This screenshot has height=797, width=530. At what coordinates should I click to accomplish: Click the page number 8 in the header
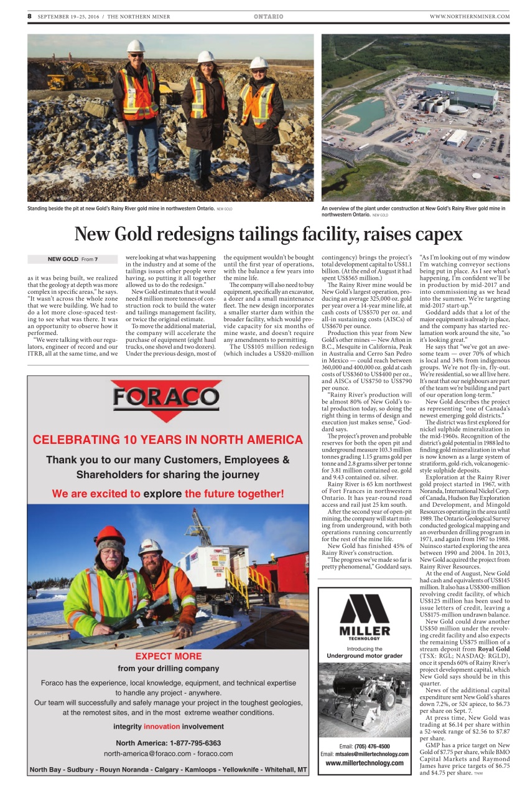pos(29,16)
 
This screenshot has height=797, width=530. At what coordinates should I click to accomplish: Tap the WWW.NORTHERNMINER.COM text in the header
pos(469,16)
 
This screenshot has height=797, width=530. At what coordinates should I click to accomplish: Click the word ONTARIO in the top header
pos(269,16)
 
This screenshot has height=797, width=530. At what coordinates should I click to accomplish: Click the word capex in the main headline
pos(439,234)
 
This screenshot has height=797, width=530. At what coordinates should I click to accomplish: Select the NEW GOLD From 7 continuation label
pos(72,259)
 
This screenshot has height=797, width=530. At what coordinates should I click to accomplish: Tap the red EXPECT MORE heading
pos(168,656)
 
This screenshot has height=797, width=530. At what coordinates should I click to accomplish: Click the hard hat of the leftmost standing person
pos(136,46)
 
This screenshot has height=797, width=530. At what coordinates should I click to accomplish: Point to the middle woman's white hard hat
pos(206,57)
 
